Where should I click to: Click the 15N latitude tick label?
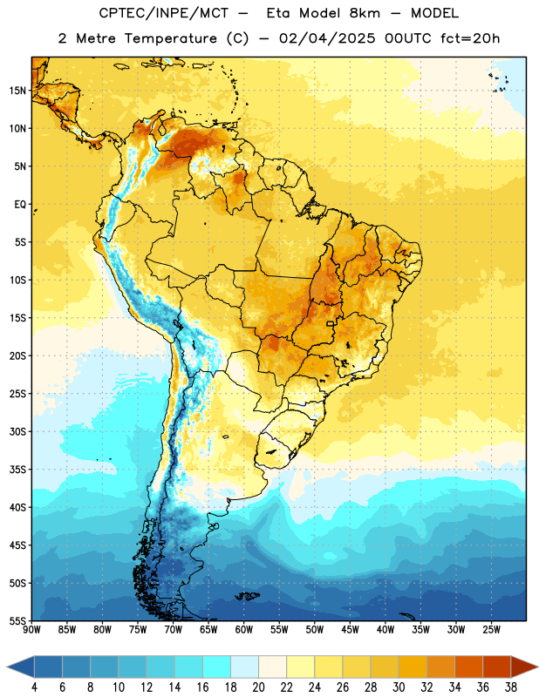(17, 91)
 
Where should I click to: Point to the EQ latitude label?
(20, 205)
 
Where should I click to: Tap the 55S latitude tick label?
(17, 620)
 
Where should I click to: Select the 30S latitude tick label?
(17, 431)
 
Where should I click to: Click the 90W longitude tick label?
(31, 630)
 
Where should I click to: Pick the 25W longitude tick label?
(491, 630)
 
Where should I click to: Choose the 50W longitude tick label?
(315, 630)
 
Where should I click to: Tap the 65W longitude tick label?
(208, 630)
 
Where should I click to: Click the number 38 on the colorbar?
(511, 687)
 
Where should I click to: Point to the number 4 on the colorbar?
(34, 687)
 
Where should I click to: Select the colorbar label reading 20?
(258, 687)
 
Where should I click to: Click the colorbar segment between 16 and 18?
(217, 667)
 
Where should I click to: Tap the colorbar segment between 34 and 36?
(469, 667)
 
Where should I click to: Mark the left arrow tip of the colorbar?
(7, 667)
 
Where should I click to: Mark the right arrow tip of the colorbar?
(538, 667)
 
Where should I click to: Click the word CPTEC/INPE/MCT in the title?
(163, 13)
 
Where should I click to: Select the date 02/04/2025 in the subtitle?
(327, 38)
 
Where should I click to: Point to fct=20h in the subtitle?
(470, 38)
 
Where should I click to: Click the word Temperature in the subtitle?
(170, 38)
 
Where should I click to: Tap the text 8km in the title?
(365, 13)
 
